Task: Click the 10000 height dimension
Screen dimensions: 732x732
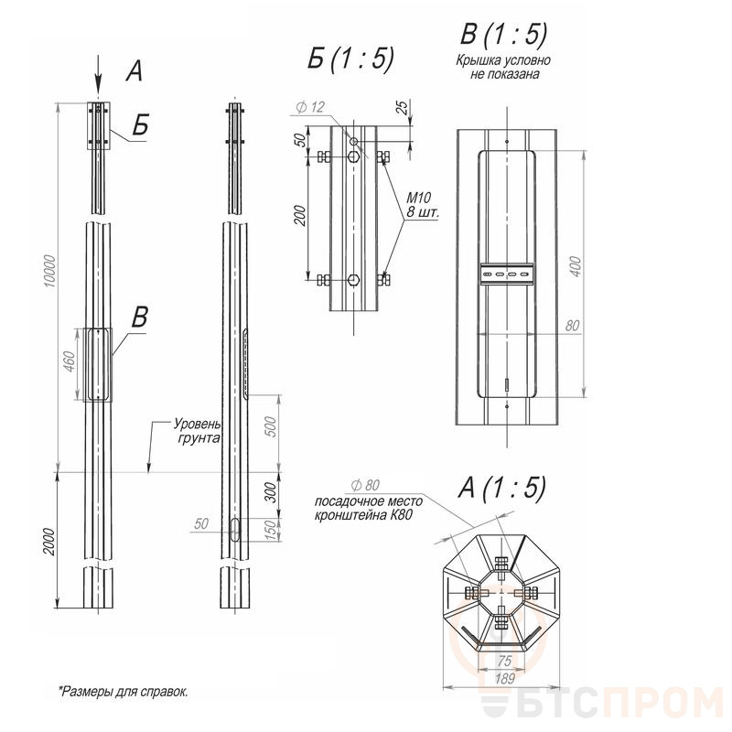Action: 50,271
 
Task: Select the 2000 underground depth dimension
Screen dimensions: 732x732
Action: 48,542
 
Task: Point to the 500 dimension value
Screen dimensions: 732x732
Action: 271,426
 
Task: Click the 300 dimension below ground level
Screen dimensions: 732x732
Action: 271,493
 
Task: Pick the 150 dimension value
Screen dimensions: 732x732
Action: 271,531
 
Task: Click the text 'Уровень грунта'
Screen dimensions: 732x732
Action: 197,431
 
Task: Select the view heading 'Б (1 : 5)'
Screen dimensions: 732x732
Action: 350,59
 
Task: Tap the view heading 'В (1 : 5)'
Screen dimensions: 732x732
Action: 504,34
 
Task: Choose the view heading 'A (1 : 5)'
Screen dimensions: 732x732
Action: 501,488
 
